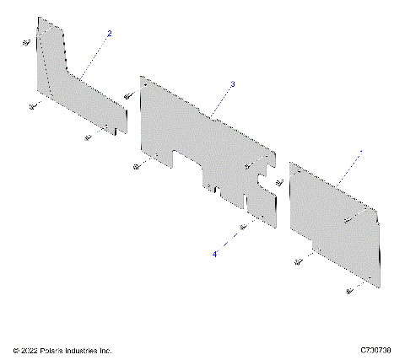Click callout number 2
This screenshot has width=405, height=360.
pyautogui.click(x=108, y=33)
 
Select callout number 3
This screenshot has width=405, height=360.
pyautogui.click(x=232, y=84)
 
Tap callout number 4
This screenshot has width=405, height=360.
pyautogui.click(x=215, y=253)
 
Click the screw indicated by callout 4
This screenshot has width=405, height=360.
pyautogui.click(x=243, y=227)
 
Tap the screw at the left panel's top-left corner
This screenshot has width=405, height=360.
pyautogui.click(x=25, y=41)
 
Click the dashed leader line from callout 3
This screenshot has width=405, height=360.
pyautogui.click(x=221, y=100)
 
